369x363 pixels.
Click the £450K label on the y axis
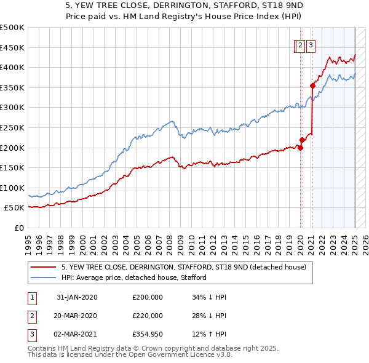tap(12, 47)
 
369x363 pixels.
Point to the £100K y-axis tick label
tap(12, 188)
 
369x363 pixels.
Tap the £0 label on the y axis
tap(19, 228)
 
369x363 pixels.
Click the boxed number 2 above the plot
tap(300, 45)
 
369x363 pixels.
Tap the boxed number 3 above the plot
tap(311, 45)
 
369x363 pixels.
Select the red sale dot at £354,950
tap(312, 86)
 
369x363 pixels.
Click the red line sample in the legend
tap(44, 267)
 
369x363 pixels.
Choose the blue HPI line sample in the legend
tap(44, 277)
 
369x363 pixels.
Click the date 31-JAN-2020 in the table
tap(76, 297)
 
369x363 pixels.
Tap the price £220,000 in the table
tap(148, 316)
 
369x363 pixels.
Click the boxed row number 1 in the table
tap(31, 297)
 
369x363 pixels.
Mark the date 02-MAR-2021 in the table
tap(76, 334)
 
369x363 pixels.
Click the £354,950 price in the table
tap(148, 334)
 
